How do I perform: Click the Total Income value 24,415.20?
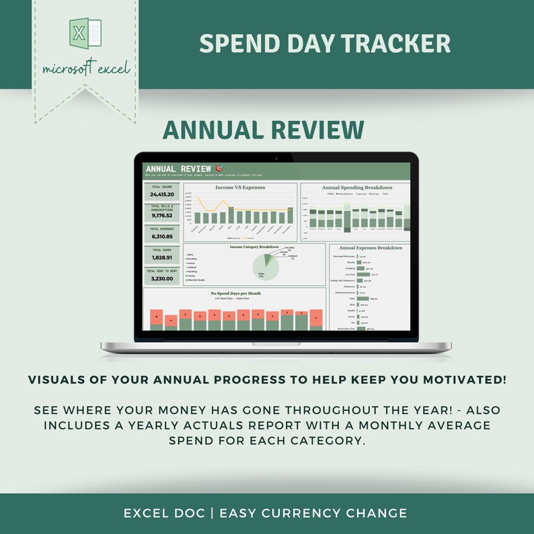162,194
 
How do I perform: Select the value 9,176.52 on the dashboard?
162,216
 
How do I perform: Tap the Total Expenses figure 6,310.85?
162,237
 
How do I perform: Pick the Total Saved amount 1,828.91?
162,258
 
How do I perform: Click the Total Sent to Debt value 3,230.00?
162,278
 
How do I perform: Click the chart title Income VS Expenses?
240,188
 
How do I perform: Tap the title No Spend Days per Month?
235,293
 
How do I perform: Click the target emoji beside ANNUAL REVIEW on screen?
219,168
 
